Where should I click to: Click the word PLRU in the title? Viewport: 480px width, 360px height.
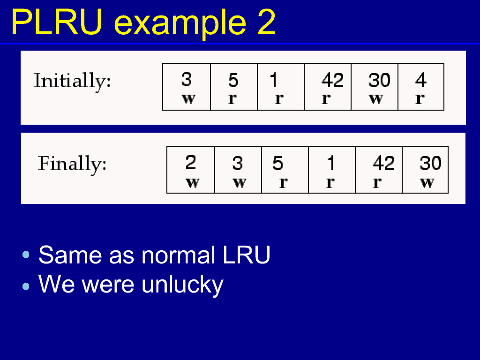57,22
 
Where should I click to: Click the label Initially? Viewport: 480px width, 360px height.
72,81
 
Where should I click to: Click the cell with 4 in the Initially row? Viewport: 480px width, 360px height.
421,87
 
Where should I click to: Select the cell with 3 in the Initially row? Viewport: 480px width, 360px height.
187,87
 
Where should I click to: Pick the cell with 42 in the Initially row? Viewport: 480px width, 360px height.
328,87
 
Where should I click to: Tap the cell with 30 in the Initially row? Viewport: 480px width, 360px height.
375,87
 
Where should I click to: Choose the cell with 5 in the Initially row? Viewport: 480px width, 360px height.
234,87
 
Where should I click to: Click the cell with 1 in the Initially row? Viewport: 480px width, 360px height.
281,87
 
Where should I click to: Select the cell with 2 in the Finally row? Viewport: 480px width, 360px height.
191,170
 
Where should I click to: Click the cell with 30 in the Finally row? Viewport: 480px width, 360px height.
425,170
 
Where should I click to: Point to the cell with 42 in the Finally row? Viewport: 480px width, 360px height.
379,170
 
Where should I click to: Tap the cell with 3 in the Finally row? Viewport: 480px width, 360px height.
238,170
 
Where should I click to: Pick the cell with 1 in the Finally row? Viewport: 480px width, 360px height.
332,170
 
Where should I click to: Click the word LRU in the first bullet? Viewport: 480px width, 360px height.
247,255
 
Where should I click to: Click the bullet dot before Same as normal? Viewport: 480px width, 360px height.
26,255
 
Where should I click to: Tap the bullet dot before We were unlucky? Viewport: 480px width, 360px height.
26,286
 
